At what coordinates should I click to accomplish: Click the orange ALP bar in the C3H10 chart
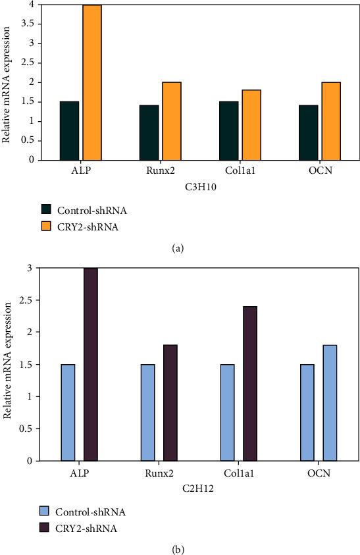click(x=92, y=82)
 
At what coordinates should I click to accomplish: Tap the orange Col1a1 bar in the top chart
click(x=251, y=124)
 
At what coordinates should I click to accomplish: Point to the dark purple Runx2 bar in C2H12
click(x=170, y=403)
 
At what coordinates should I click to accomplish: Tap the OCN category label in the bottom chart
click(x=318, y=474)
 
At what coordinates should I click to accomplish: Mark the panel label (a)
click(x=180, y=249)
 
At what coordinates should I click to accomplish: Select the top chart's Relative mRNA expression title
click(x=7, y=80)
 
